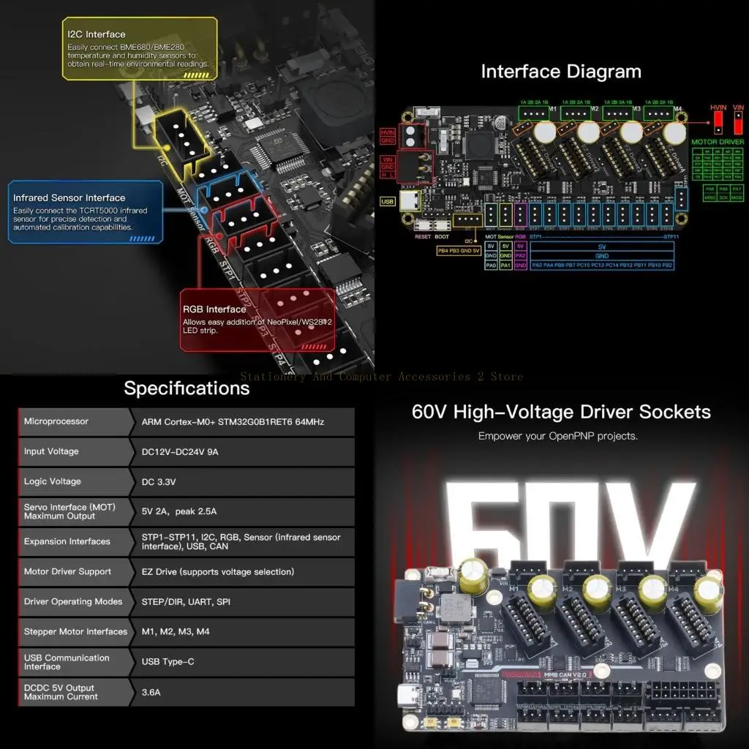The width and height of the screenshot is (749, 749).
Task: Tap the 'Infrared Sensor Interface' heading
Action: coord(69,197)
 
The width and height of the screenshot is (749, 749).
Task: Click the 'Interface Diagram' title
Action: coord(560,72)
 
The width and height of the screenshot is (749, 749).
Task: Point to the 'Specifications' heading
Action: coord(187,388)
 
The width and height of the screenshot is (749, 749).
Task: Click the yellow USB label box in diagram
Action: coord(387,201)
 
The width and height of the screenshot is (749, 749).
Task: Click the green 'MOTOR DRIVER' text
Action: coord(717,141)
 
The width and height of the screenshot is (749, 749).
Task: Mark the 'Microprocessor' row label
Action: coord(56,421)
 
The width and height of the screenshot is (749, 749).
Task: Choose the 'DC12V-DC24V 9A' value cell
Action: coord(180,452)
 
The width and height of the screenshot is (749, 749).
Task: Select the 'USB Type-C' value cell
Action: coord(168,662)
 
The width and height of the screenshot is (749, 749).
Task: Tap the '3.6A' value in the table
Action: coord(152,692)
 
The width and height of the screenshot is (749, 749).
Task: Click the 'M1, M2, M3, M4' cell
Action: coord(176,632)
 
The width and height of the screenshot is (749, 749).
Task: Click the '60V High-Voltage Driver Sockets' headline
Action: coord(561,412)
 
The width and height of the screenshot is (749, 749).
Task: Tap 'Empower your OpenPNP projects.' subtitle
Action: coord(558,436)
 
